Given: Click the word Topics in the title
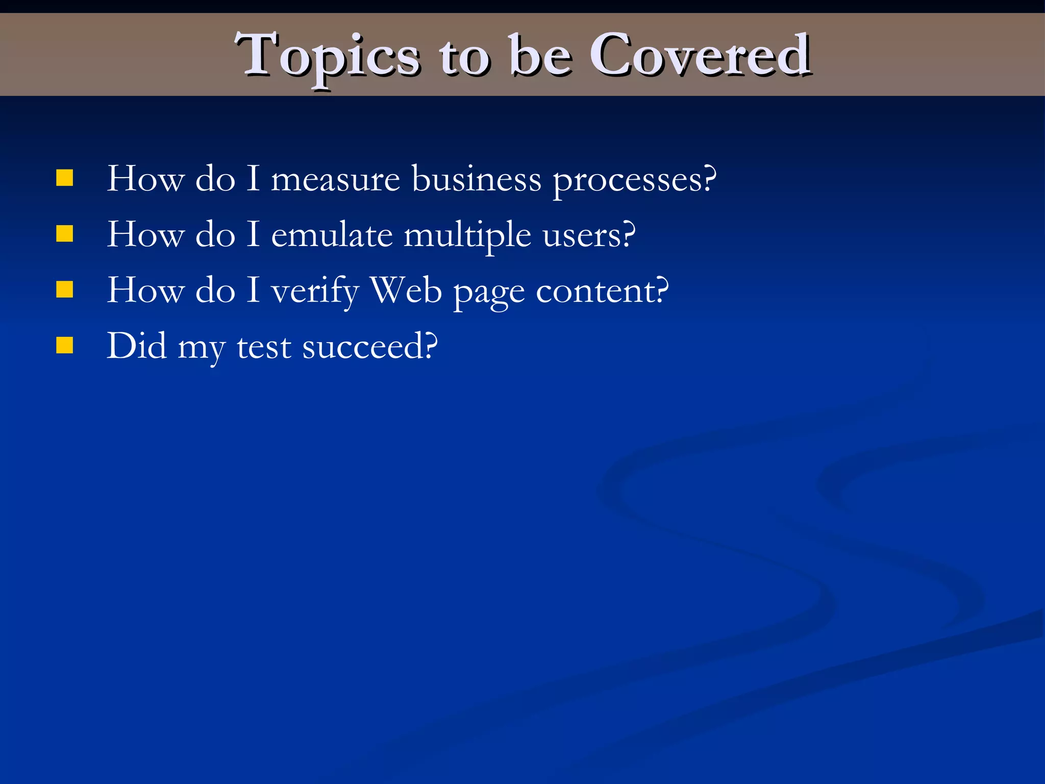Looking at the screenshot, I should tap(327, 56).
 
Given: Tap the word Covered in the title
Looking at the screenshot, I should tap(700, 55).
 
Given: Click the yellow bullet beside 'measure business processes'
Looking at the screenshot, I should tap(65, 179).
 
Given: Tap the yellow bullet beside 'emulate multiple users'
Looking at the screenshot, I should tap(65, 234).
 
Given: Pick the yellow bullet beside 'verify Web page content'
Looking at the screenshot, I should tap(65, 290).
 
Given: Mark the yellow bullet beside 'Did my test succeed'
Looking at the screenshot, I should tap(65, 346).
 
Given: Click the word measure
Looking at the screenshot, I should tap(335, 180).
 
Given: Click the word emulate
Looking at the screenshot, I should tap(332, 235).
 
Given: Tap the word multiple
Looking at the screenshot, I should tap(467, 236).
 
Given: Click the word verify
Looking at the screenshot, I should tap(315, 291).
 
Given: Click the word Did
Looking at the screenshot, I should tap(136, 346).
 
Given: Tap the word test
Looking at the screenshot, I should tap(264, 347).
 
